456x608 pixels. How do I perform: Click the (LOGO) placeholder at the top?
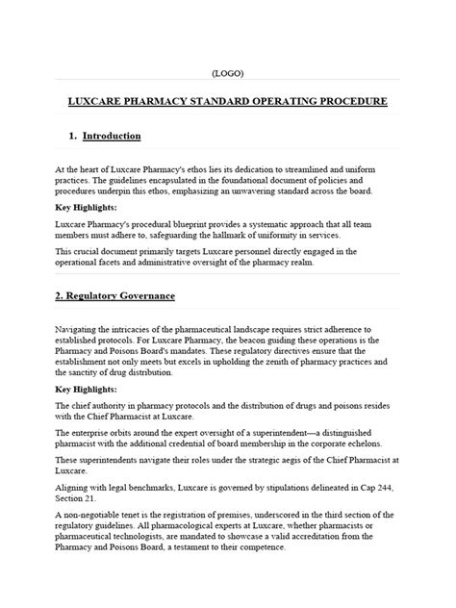[228, 75]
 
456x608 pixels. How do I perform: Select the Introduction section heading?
[112, 137]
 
